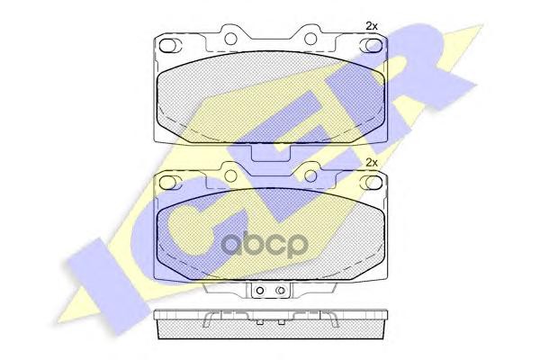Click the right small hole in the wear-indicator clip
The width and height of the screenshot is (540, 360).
pyautogui.click(x=282, y=290)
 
